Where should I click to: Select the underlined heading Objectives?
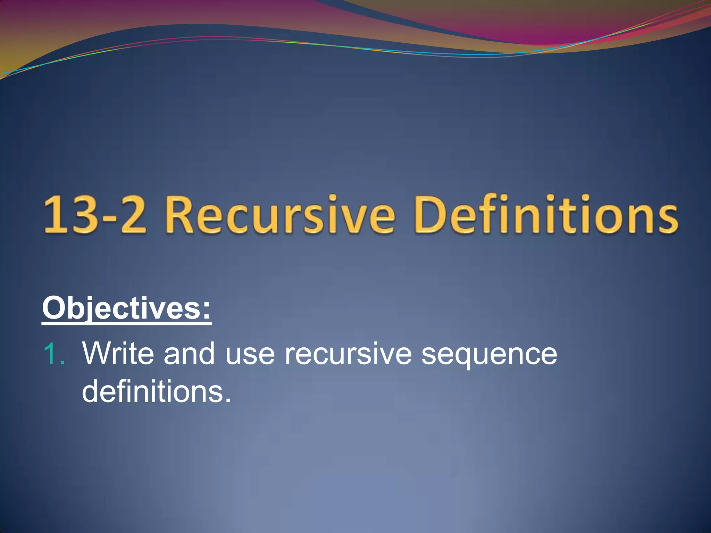click(126, 308)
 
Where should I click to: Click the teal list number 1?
click(53, 354)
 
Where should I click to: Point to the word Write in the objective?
click(118, 354)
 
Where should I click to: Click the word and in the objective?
click(189, 354)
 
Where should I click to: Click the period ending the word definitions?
click(227, 400)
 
